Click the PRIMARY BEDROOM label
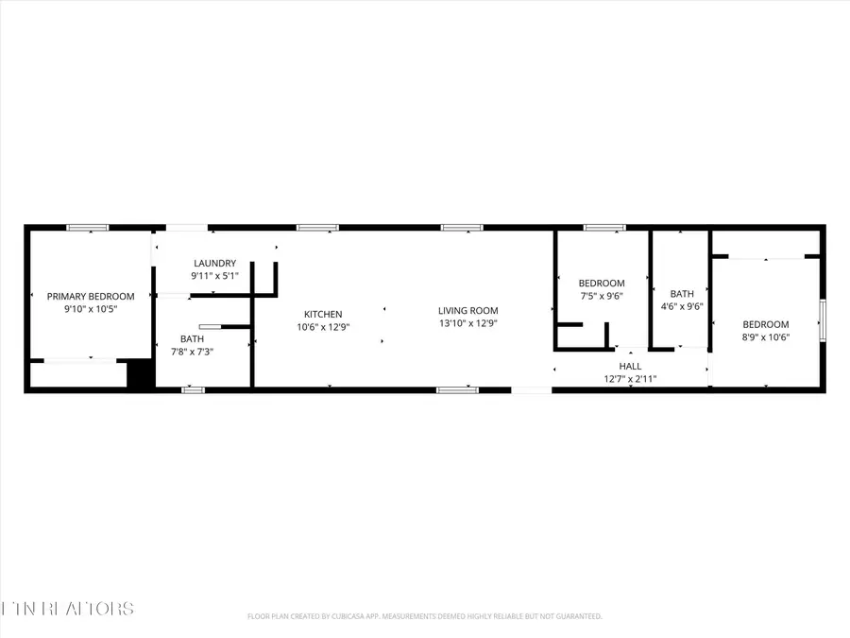click(x=91, y=296)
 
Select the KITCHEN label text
click(x=323, y=314)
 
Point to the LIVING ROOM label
click(x=467, y=310)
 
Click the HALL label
click(x=630, y=366)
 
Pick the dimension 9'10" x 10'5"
click(x=91, y=309)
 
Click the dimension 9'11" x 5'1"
click(x=214, y=276)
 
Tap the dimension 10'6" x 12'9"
click(x=323, y=327)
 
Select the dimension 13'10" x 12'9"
click(x=467, y=323)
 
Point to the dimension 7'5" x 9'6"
click(x=602, y=296)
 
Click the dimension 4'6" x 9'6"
click(x=682, y=306)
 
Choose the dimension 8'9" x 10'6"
click(x=765, y=336)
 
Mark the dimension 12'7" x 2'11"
click(x=630, y=379)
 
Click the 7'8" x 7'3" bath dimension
click(x=192, y=352)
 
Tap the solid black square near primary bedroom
click(x=141, y=375)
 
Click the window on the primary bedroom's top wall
click(x=87, y=228)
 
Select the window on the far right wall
click(x=822, y=319)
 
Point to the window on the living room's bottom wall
click(x=457, y=389)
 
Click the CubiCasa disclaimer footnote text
click(x=424, y=616)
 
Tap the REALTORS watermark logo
click(x=67, y=609)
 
